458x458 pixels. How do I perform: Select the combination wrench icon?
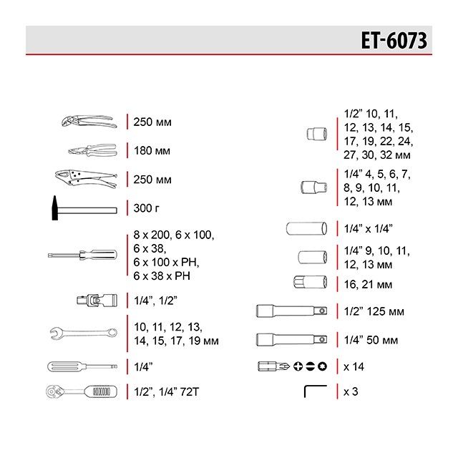pos(83,331)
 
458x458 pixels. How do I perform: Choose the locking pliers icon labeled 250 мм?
pos(84,177)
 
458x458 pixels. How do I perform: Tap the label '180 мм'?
pos(152,151)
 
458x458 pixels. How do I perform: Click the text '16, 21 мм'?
pos(368,284)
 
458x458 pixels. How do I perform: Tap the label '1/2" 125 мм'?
pos(374,311)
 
